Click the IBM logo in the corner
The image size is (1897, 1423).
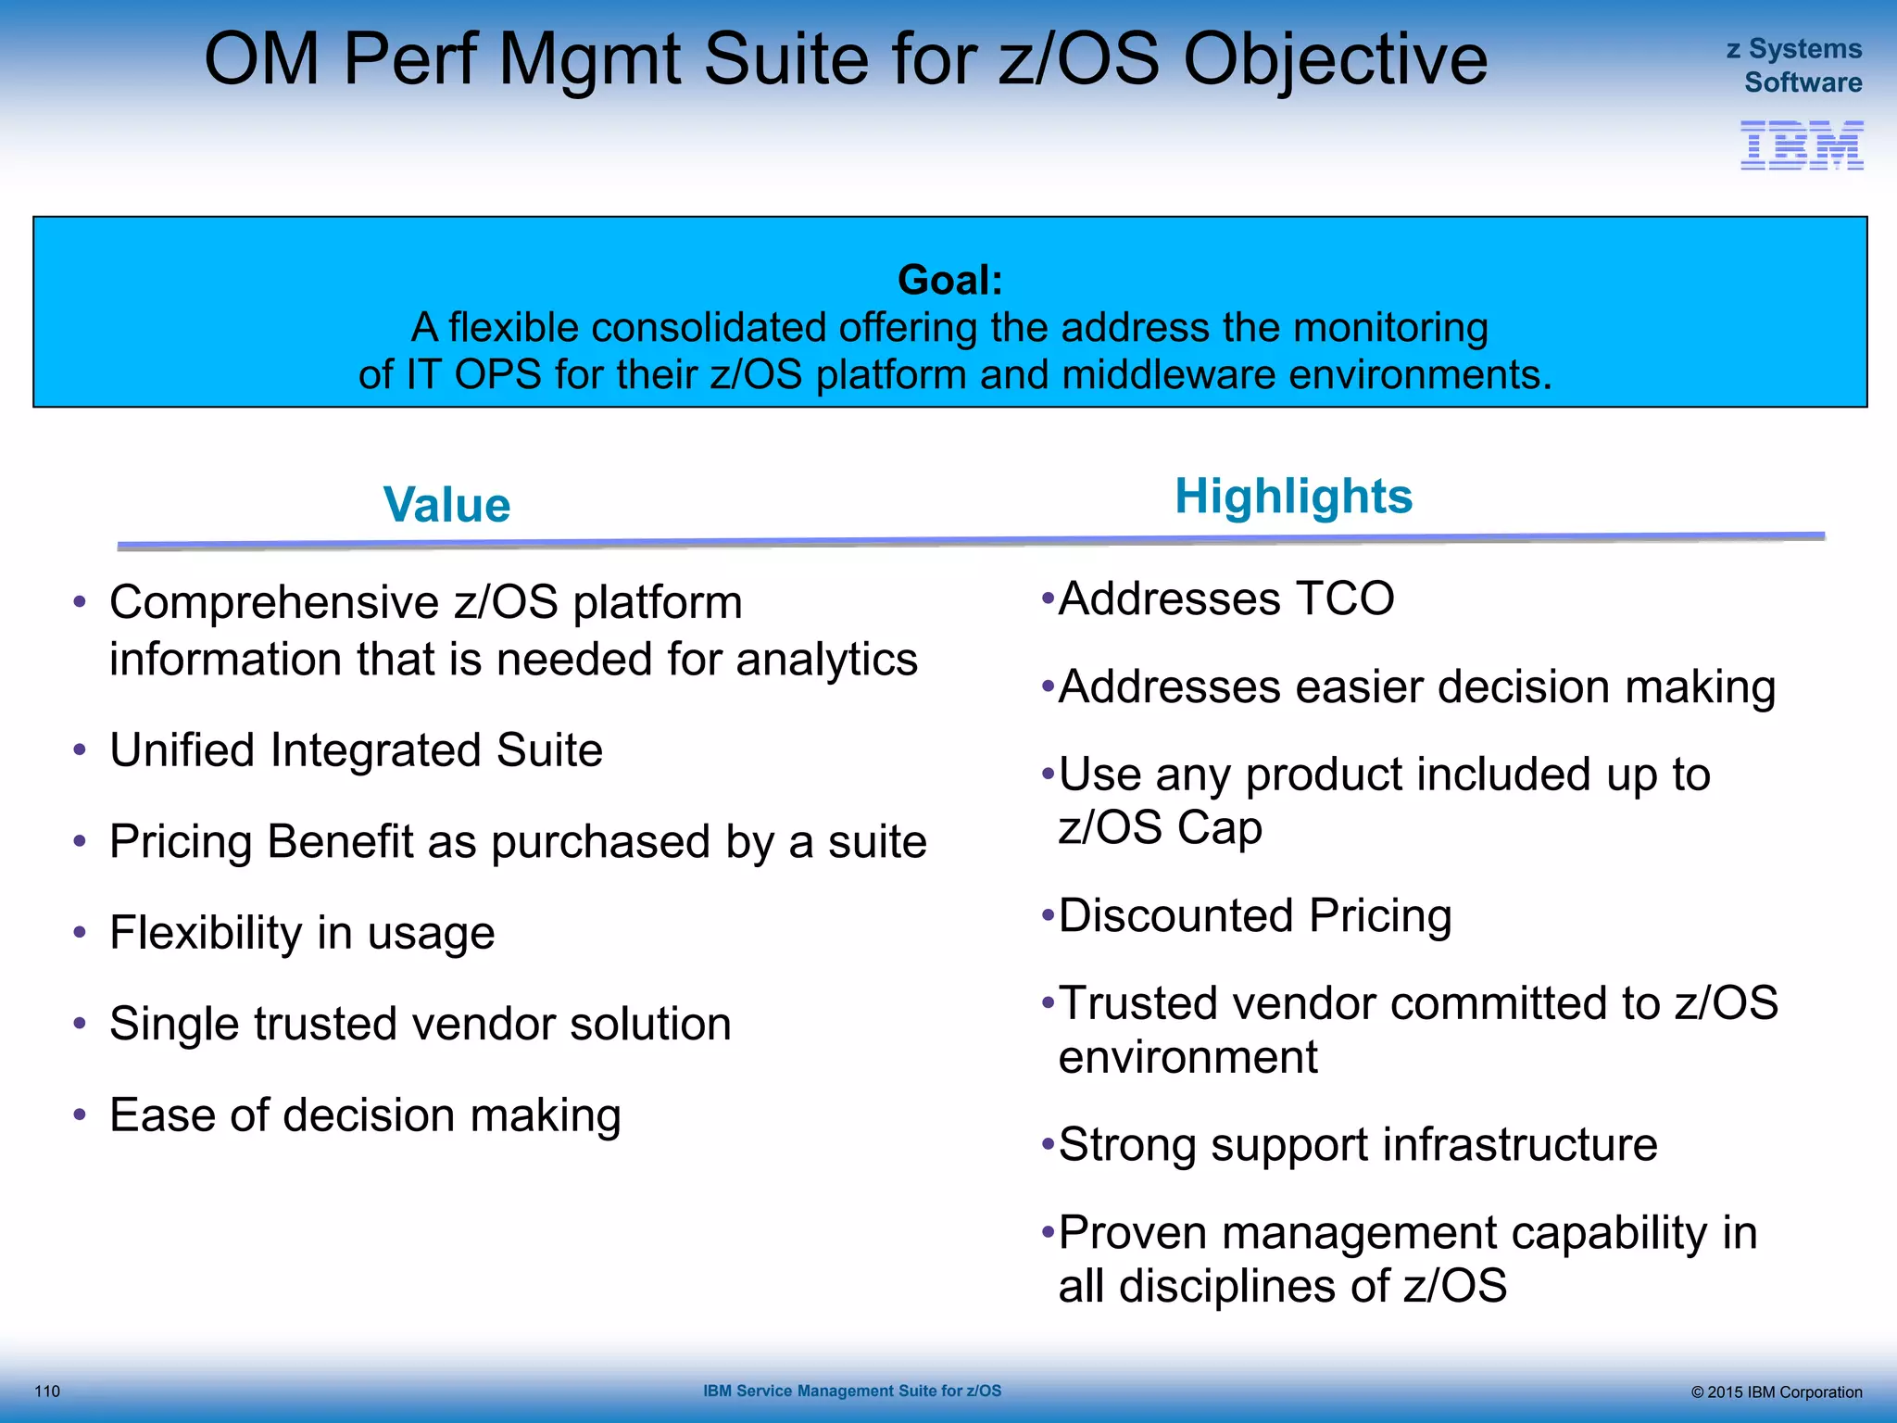pos(1802,145)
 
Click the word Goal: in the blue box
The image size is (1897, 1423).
pos(949,280)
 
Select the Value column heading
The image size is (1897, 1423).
pos(446,505)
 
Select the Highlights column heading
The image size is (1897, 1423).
pos(1293,497)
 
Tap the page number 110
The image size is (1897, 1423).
pos(47,1391)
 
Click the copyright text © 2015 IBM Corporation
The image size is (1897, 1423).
pos(1776,1392)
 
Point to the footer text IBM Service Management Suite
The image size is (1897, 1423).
pos(851,1391)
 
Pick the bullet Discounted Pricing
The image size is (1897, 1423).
pos(1254,915)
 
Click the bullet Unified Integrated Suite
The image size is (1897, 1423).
pos(356,749)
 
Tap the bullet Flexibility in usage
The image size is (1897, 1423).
pos(302,933)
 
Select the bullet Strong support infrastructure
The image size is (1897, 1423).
pos(1357,1144)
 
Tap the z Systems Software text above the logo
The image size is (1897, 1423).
pos(1794,65)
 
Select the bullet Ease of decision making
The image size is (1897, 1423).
pos(365,1115)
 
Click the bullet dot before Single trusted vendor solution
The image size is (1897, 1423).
pos(80,1024)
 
